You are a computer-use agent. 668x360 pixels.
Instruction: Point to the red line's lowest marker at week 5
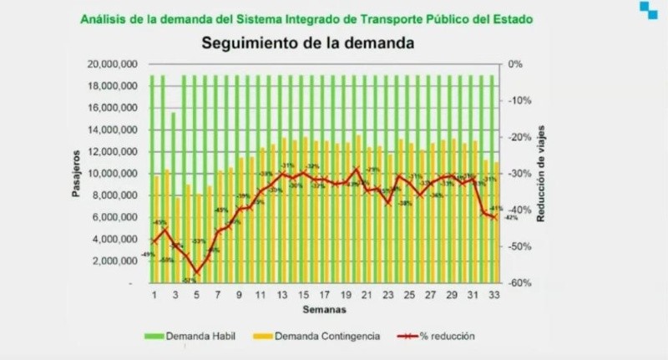click(x=197, y=272)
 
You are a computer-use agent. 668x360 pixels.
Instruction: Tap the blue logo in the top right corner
click(x=648, y=10)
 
